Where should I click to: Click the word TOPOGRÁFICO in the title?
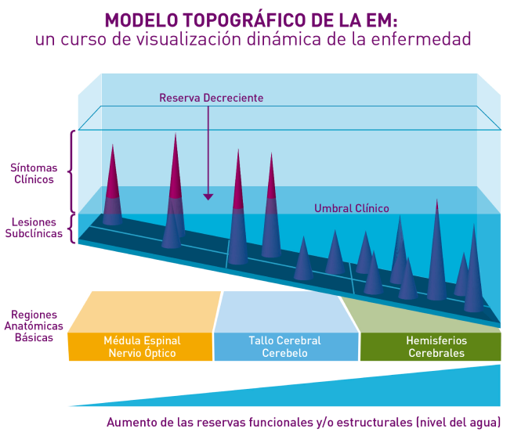[245, 20]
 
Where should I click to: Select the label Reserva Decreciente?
[211, 98]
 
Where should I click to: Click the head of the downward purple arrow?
[208, 197]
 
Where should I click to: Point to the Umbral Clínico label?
[351, 208]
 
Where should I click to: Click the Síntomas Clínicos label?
[34, 174]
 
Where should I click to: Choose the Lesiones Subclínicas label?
[34, 228]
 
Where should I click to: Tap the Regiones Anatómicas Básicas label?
[34, 326]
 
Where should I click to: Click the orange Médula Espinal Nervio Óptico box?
[140, 347]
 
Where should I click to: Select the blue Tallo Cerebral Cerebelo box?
[286, 347]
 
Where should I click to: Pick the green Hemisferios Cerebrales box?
[430, 347]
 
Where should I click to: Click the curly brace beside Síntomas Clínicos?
[71, 171]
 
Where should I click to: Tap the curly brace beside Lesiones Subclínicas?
[71, 229]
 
